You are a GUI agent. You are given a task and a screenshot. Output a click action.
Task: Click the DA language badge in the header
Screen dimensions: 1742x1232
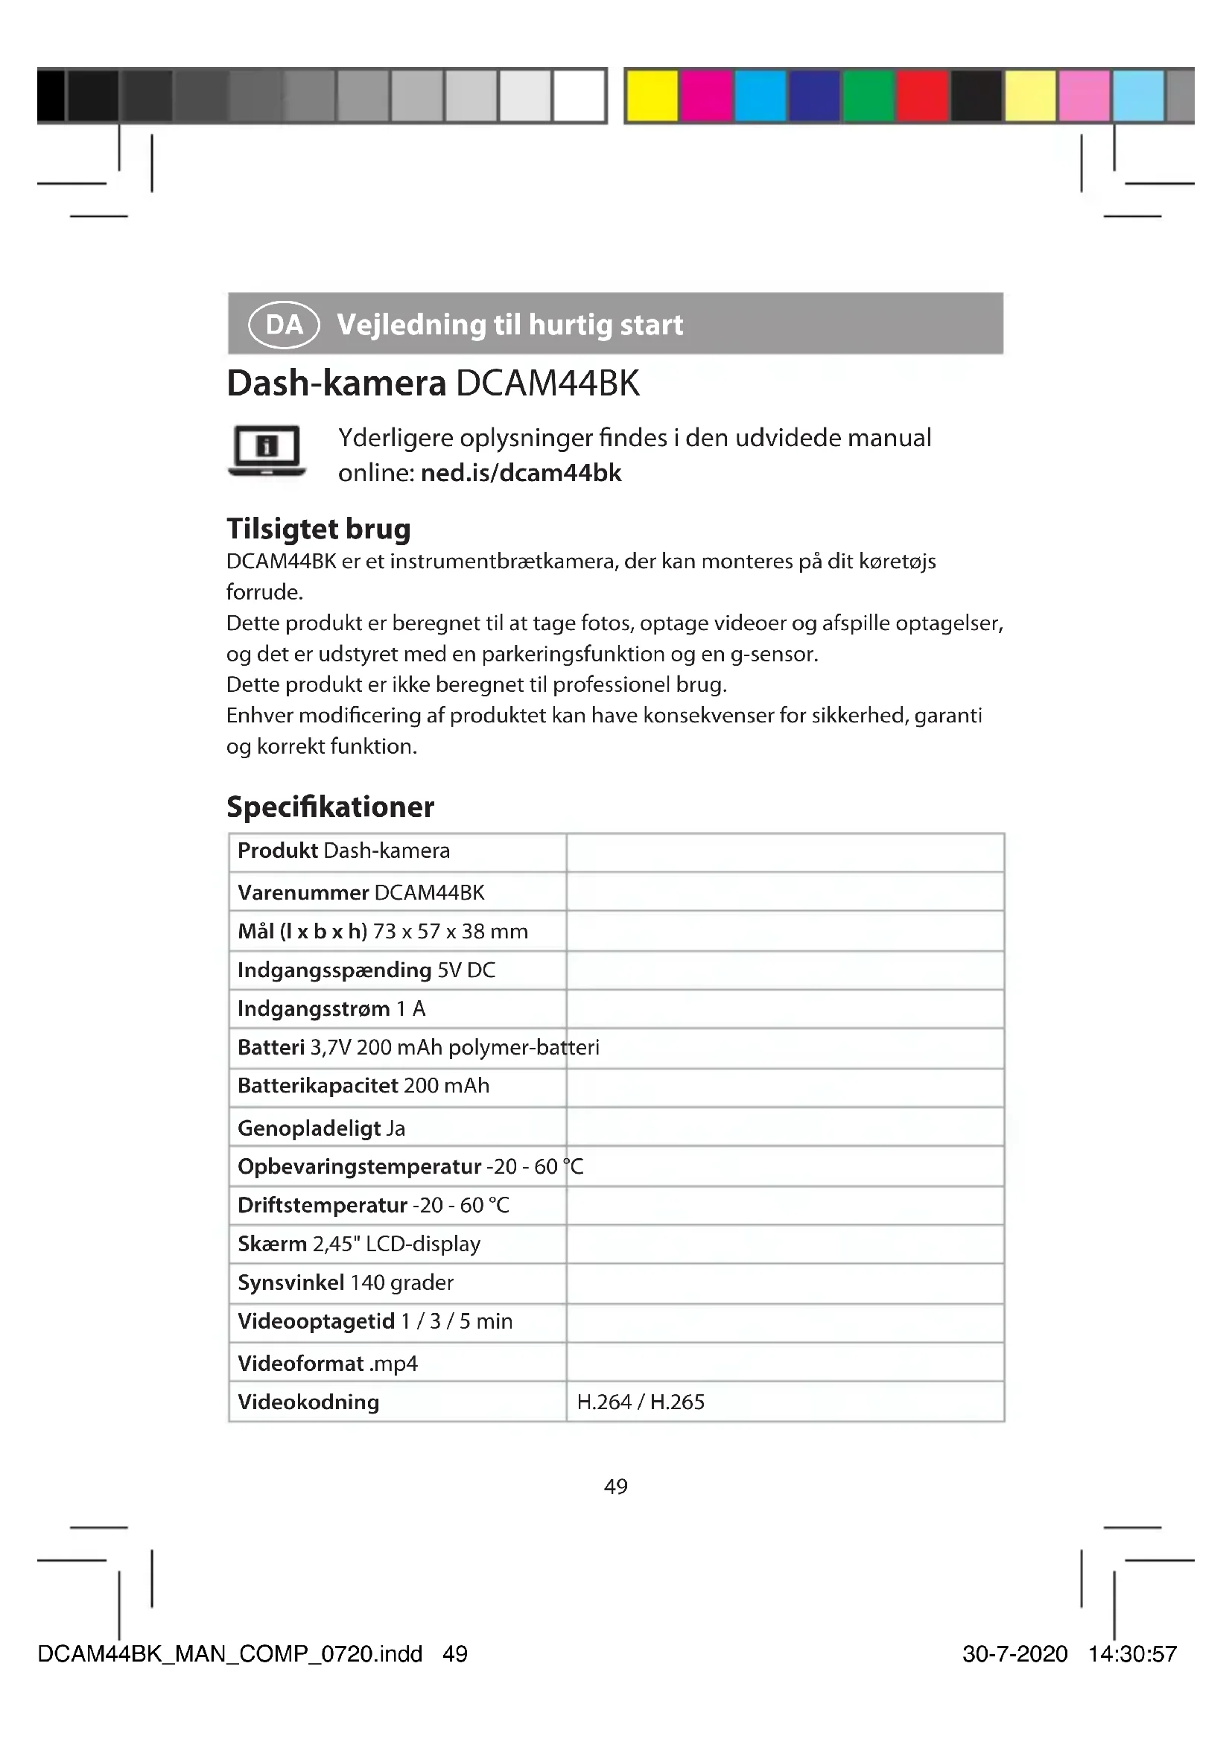284,325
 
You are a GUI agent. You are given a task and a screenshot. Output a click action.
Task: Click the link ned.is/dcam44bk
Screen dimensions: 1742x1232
521,473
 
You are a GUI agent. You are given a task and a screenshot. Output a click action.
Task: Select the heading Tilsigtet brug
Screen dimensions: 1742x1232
319,529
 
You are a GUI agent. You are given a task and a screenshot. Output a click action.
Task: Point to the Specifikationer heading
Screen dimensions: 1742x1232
330,807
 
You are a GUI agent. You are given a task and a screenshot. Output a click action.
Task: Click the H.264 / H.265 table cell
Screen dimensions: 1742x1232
641,1402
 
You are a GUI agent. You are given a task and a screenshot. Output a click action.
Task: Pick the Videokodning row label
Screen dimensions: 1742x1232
308,1402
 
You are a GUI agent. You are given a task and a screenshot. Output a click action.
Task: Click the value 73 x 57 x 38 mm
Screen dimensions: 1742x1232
450,931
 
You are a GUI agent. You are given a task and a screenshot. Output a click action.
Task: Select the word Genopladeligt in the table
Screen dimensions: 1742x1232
309,1128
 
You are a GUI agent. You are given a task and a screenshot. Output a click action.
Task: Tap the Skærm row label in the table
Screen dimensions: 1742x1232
272,1244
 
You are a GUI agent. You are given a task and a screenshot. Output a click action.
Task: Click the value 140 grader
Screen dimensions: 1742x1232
401,1282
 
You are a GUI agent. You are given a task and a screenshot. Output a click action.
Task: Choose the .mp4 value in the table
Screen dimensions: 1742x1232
393,1364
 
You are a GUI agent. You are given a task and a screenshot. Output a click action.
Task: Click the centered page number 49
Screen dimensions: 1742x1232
615,1487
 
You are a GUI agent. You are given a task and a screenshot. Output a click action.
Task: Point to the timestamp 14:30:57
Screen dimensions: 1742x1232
1132,1654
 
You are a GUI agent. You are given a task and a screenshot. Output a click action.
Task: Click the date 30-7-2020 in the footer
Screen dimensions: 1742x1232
1015,1654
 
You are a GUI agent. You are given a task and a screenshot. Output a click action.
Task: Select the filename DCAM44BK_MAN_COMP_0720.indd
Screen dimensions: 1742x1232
230,1654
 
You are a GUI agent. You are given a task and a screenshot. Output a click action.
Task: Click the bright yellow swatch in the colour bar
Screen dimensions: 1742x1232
652,95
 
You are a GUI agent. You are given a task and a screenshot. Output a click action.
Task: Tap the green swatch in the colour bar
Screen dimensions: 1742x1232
869,95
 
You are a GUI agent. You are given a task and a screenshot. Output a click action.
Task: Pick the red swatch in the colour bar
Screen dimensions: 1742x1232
922,95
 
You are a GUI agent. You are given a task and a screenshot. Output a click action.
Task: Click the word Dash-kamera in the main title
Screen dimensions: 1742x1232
336,383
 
